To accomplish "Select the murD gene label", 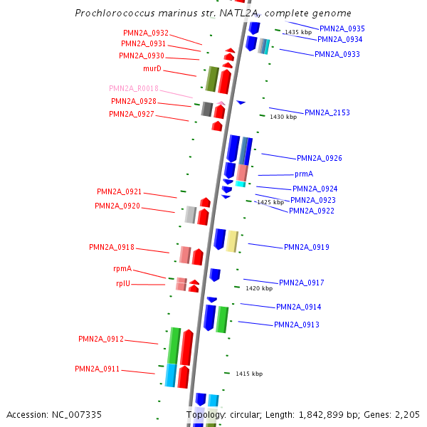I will pyautogui.click(x=152, y=68).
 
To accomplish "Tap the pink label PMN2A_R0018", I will pyautogui.click(x=133, y=89).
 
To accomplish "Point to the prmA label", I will pyautogui.click(x=304, y=174).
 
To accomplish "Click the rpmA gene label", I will pyautogui.click(x=122, y=268).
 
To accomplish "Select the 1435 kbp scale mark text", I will pyautogui.click(x=297, y=32).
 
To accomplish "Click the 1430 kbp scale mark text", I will pyautogui.click(x=283, y=117).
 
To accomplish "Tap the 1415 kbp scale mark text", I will pyautogui.click(x=249, y=374).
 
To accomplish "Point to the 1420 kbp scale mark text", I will pyautogui.click(x=259, y=289).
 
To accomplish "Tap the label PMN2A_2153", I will pyautogui.click(x=327, y=112).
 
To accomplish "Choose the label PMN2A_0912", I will pyautogui.click(x=100, y=339).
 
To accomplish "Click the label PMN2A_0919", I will pyautogui.click(x=306, y=247).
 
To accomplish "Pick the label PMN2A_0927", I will pyautogui.click(x=131, y=114).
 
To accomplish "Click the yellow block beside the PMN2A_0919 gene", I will pyautogui.click(x=232, y=241).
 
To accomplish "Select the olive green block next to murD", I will pyautogui.click(x=211, y=78).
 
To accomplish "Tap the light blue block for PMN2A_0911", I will pyautogui.click(x=171, y=375).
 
